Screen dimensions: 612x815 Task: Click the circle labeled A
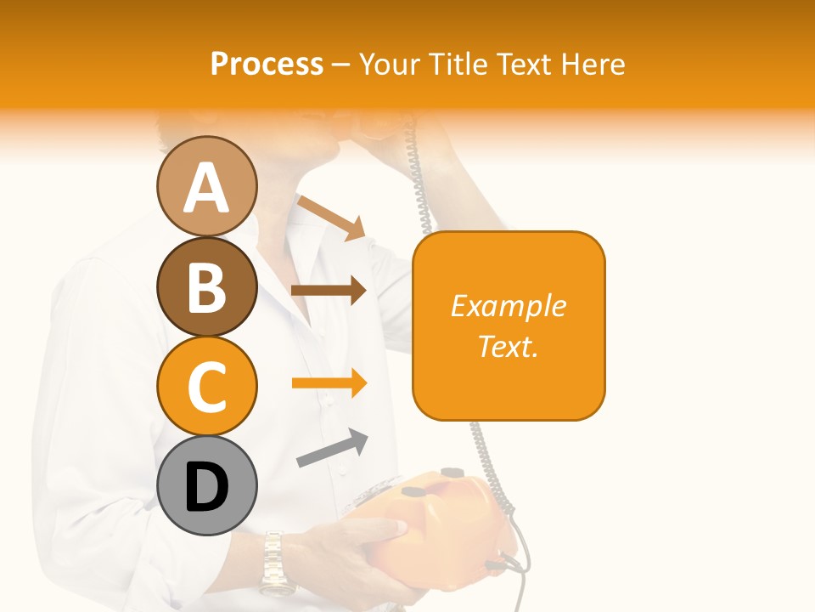[x=206, y=187]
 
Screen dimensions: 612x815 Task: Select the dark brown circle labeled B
[x=206, y=286]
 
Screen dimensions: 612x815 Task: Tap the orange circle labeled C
[x=206, y=386]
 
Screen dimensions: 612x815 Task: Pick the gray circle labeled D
[x=206, y=485]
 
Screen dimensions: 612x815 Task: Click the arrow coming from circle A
[x=332, y=216]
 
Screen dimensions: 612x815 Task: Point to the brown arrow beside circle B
[x=329, y=291]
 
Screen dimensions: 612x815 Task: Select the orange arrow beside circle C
[x=329, y=382]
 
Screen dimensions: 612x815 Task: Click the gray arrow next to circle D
[x=332, y=449]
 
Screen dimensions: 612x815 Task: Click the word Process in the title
[x=267, y=65]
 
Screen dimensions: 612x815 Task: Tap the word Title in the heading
[x=458, y=65]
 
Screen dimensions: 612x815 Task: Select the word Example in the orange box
[x=508, y=306]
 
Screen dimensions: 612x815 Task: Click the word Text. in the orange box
[x=508, y=346]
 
